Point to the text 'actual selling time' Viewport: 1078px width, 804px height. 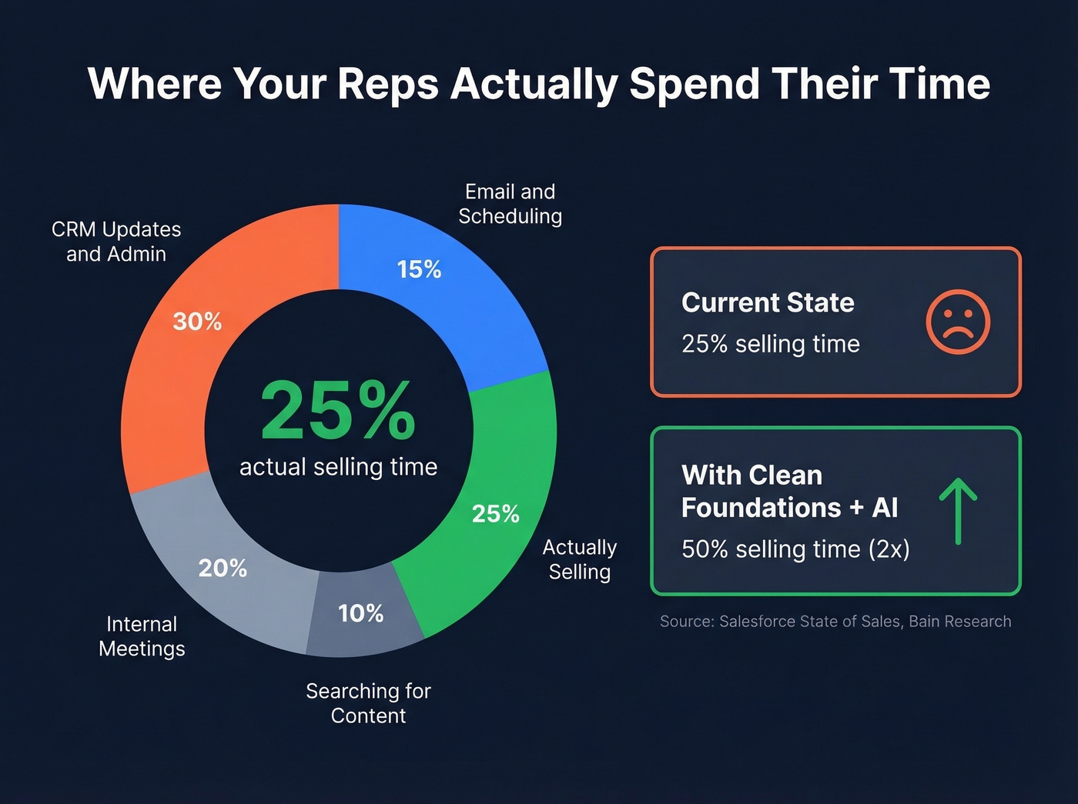[x=338, y=467]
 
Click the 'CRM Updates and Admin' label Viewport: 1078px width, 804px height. [x=116, y=242]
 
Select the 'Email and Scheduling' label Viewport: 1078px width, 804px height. [x=510, y=204]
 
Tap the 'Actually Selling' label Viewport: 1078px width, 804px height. [x=580, y=559]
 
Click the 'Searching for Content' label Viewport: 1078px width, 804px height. [x=368, y=703]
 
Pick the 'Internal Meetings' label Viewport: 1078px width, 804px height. [x=142, y=636]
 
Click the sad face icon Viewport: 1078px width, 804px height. [x=958, y=322]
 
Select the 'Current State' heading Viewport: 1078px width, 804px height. [x=768, y=302]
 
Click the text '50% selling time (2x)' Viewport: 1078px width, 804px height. [x=795, y=549]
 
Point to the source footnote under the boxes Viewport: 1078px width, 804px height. [x=835, y=622]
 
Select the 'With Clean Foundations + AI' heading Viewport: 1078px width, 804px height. [x=789, y=492]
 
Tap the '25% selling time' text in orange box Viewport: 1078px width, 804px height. [x=770, y=344]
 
